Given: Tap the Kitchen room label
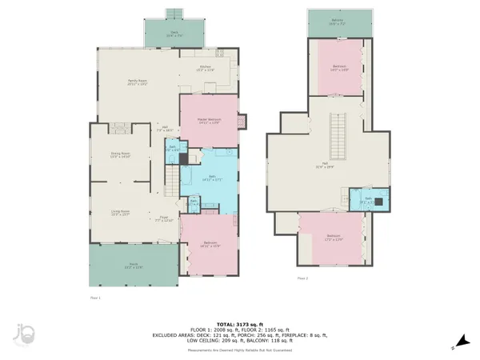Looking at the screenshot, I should [x=206, y=69].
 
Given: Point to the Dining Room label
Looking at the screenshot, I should [x=119, y=155].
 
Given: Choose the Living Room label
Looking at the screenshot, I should [x=120, y=212].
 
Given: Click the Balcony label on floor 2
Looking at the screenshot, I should [x=339, y=23].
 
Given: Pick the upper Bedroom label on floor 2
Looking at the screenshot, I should [x=339, y=68].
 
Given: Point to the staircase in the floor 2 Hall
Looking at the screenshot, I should [x=339, y=136].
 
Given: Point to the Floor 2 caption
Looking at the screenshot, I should [x=302, y=278].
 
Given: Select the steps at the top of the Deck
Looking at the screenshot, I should [x=174, y=14].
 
